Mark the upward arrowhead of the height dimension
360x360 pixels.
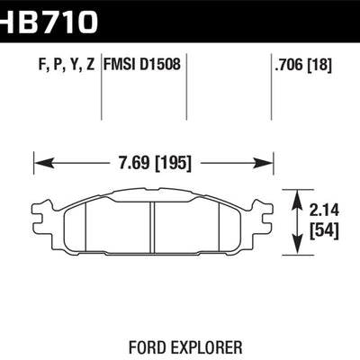coord(297,194)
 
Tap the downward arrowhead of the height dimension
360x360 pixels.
coord(297,245)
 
